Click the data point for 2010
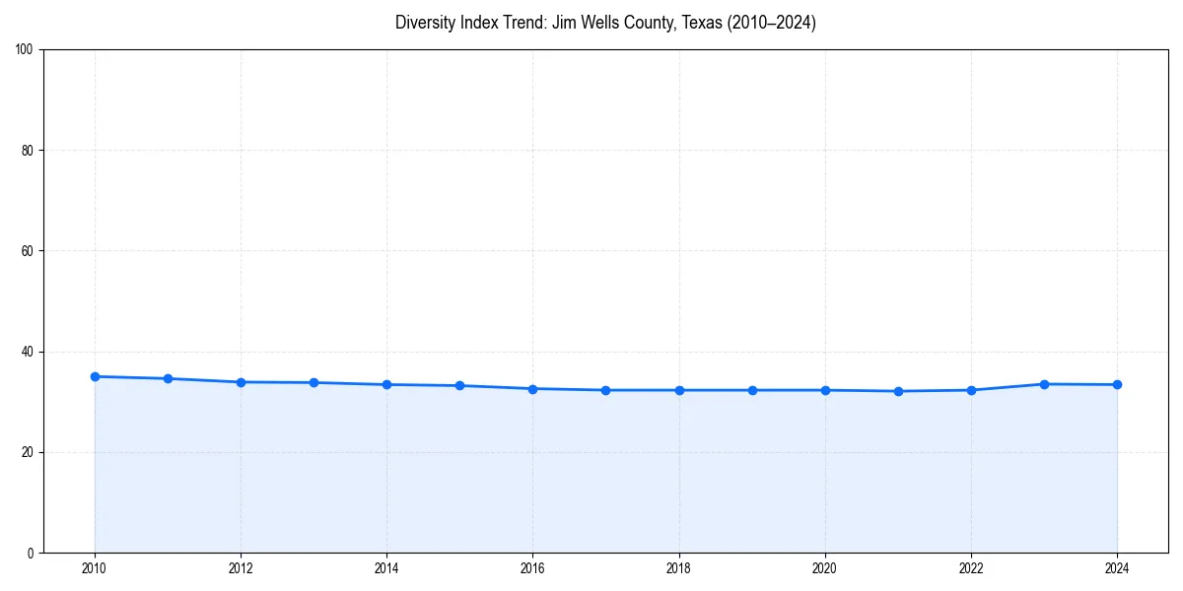click(x=95, y=376)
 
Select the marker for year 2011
click(x=168, y=378)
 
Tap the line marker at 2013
click(x=313, y=382)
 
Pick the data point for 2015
click(x=459, y=385)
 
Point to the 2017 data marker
click(x=605, y=390)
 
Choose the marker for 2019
click(x=752, y=390)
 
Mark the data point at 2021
click(x=898, y=391)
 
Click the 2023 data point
click(x=1044, y=384)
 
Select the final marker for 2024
click(x=1117, y=384)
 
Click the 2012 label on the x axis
click(x=241, y=568)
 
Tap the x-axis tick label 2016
click(x=532, y=568)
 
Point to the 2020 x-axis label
click(x=825, y=568)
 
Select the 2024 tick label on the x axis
click(x=1117, y=568)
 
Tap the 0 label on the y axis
click(x=32, y=553)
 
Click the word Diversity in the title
click(x=424, y=23)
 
